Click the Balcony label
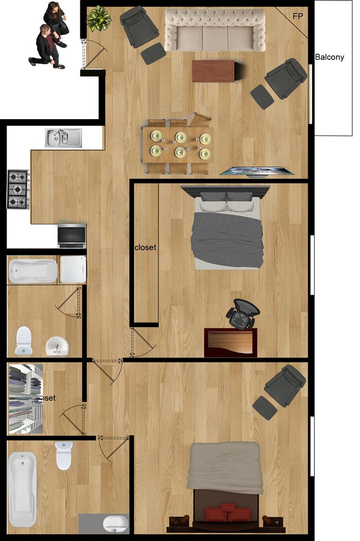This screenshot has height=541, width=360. coord(330,57)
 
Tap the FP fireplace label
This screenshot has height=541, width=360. coord(298,16)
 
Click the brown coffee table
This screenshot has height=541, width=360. coord(213,70)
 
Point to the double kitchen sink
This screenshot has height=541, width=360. coord(64,137)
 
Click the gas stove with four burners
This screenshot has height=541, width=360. coord(18,189)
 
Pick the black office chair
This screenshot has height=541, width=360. coord(243,314)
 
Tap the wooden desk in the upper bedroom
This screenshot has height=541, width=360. coord(230,343)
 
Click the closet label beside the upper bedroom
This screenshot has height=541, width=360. coord(146,248)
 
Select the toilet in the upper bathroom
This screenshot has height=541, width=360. coord(24,340)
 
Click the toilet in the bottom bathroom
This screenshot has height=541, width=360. coord(64,455)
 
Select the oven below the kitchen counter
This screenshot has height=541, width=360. coord(72,235)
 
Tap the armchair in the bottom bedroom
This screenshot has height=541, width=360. coord(283,385)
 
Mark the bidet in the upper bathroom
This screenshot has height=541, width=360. coord(57,346)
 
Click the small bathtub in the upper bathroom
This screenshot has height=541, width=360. coord(33,270)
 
